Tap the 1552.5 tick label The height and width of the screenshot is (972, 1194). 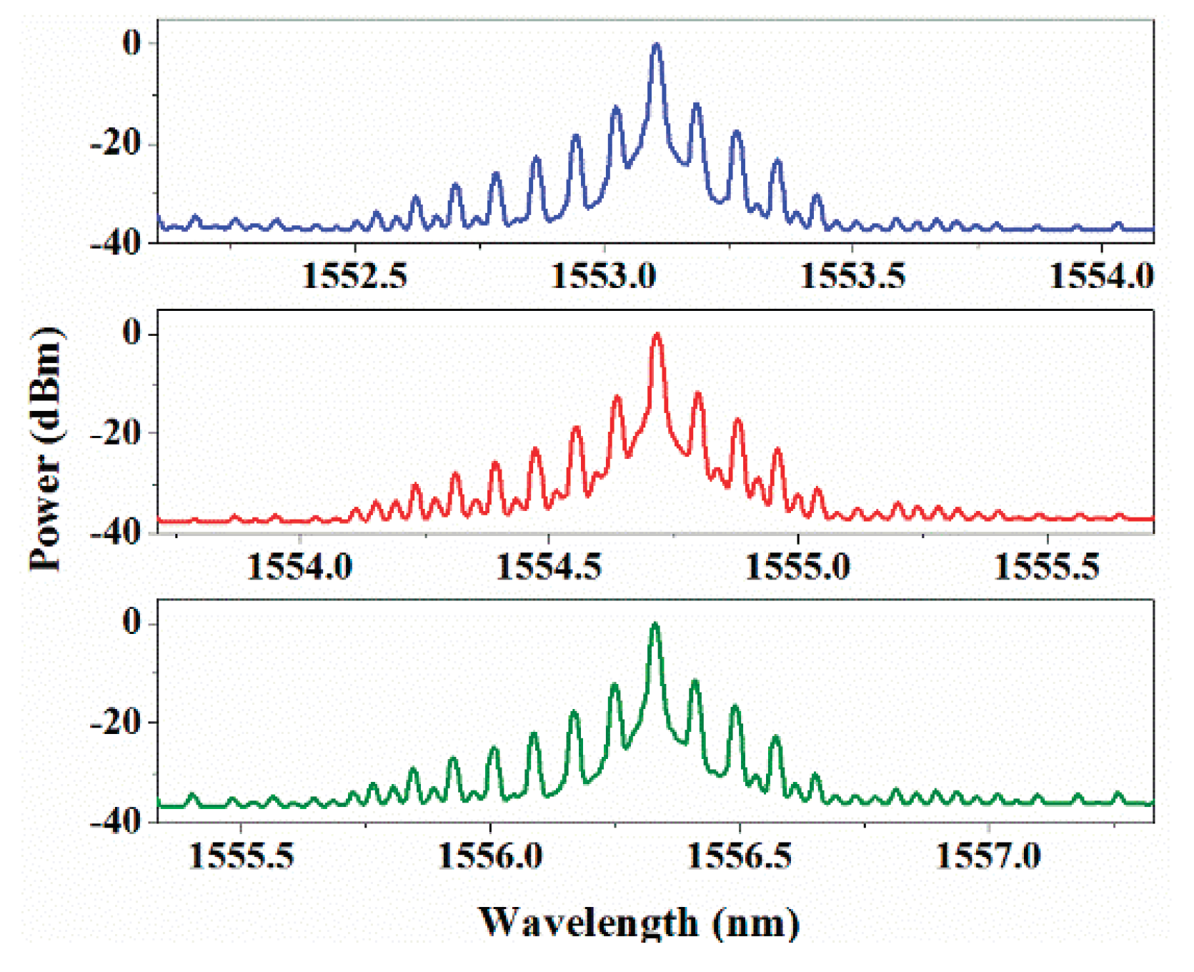[x=354, y=276]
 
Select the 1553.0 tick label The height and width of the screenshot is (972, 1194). [x=604, y=276]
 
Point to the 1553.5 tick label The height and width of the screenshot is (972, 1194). [x=852, y=276]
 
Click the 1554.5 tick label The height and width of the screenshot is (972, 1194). [x=549, y=567]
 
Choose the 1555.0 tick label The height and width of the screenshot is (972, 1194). [x=797, y=567]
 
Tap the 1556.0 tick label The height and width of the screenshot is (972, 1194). [x=490, y=856]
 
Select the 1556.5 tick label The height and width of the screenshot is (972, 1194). [x=740, y=856]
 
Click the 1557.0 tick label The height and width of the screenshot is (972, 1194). [x=988, y=856]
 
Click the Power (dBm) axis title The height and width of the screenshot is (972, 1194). [x=46, y=449]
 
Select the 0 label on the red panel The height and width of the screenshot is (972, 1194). [x=131, y=332]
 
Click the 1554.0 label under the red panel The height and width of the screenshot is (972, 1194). [x=299, y=567]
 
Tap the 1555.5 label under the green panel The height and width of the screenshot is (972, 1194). [x=242, y=856]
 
